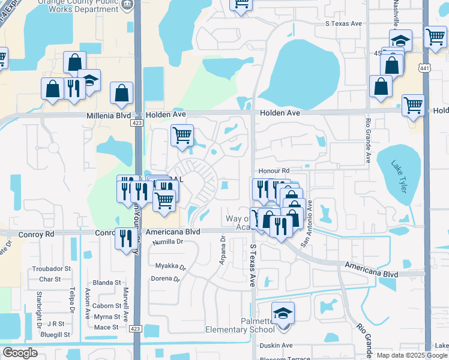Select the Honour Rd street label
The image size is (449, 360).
coord(274,171)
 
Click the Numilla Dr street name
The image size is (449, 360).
coord(167,242)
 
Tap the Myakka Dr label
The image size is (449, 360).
coord(167,266)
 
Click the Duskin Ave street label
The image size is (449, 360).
coord(276,345)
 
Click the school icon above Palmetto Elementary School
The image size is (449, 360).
coord(283,314)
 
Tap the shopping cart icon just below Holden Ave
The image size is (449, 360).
coord(182,134)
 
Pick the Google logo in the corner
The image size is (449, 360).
coord(21,352)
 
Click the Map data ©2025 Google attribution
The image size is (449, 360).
coord(412,355)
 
